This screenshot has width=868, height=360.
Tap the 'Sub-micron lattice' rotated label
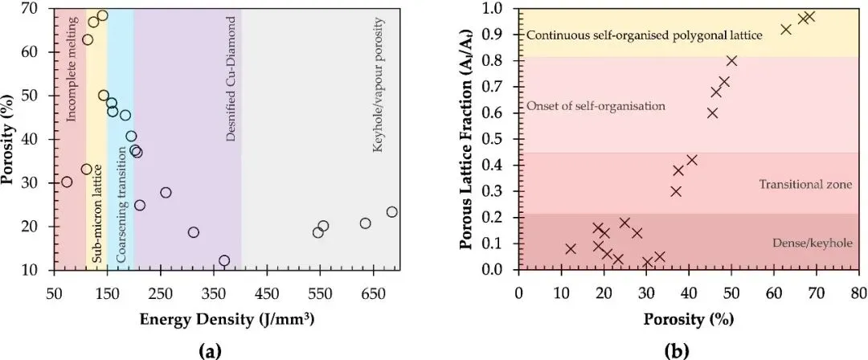(x=96, y=215)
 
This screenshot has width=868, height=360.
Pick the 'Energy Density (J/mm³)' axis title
(x=227, y=319)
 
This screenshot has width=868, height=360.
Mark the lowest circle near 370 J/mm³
(x=224, y=260)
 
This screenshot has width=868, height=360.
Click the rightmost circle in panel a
(x=391, y=212)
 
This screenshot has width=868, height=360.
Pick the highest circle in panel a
(x=102, y=15)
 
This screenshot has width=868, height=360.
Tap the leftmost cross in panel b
(x=571, y=249)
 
